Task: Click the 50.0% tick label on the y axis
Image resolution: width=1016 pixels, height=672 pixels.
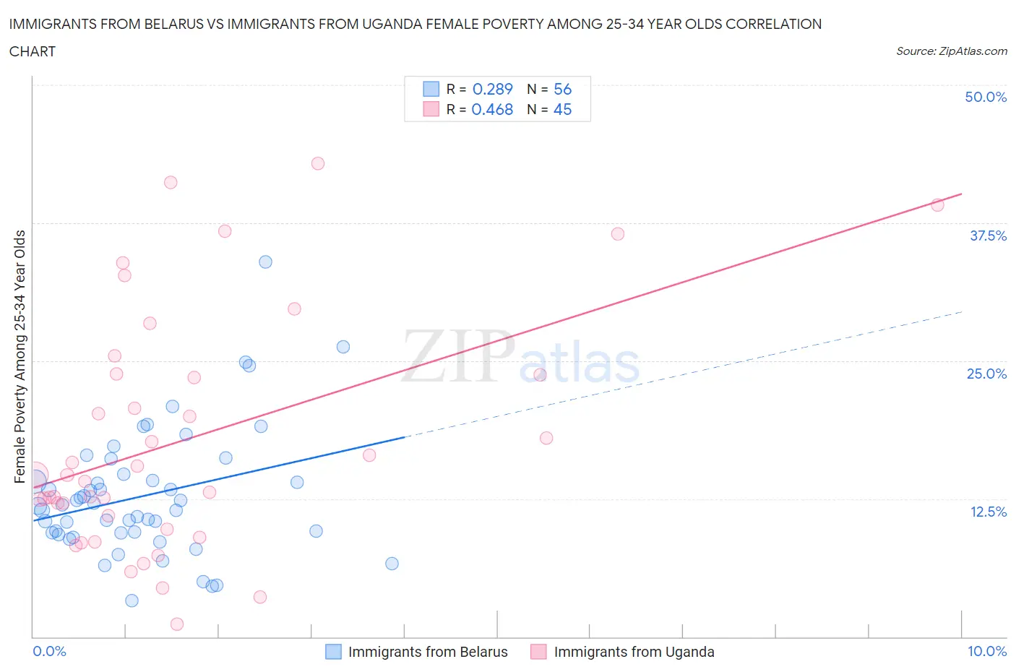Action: pyautogui.click(x=986, y=97)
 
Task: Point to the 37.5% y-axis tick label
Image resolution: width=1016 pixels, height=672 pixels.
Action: pyautogui.click(x=988, y=236)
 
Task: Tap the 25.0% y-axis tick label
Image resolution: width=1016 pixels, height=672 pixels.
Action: pyautogui.click(x=986, y=374)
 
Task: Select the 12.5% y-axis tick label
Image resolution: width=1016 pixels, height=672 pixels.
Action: pyautogui.click(x=988, y=512)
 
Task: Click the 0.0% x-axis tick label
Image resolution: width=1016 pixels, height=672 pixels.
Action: pyautogui.click(x=49, y=651)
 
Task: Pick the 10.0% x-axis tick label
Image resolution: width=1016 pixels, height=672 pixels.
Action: pyautogui.click(x=987, y=651)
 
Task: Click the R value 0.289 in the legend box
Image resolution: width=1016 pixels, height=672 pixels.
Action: pyautogui.click(x=492, y=89)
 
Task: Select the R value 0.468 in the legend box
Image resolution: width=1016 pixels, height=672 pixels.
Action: pyautogui.click(x=492, y=109)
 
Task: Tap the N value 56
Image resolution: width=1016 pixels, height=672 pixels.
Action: pyautogui.click(x=562, y=89)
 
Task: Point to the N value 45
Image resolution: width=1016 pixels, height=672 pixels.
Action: pyautogui.click(x=562, y=109)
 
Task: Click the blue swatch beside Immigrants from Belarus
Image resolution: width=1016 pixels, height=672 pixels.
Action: pyautogui.click(x=333, y=652)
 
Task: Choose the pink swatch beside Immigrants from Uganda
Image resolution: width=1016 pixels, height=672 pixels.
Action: pyautogui.click(x=538, y=652)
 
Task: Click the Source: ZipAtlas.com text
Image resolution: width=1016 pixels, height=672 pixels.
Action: pyautogui.click(x=951, y=51)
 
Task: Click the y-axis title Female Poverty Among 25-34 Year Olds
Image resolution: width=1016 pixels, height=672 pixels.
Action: pyautogui.click(x=20, y=356)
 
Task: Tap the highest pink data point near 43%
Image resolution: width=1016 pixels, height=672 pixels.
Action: pyautogui.click(x=318, y=163)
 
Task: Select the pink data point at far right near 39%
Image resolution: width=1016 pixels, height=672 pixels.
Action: pyautogui.click(x=937, y=205)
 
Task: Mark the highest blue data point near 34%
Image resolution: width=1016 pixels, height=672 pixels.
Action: pyautogui.click(x=265, y=262)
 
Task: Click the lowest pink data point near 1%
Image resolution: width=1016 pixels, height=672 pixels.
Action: pyautogui.click(x=177, y=624)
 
